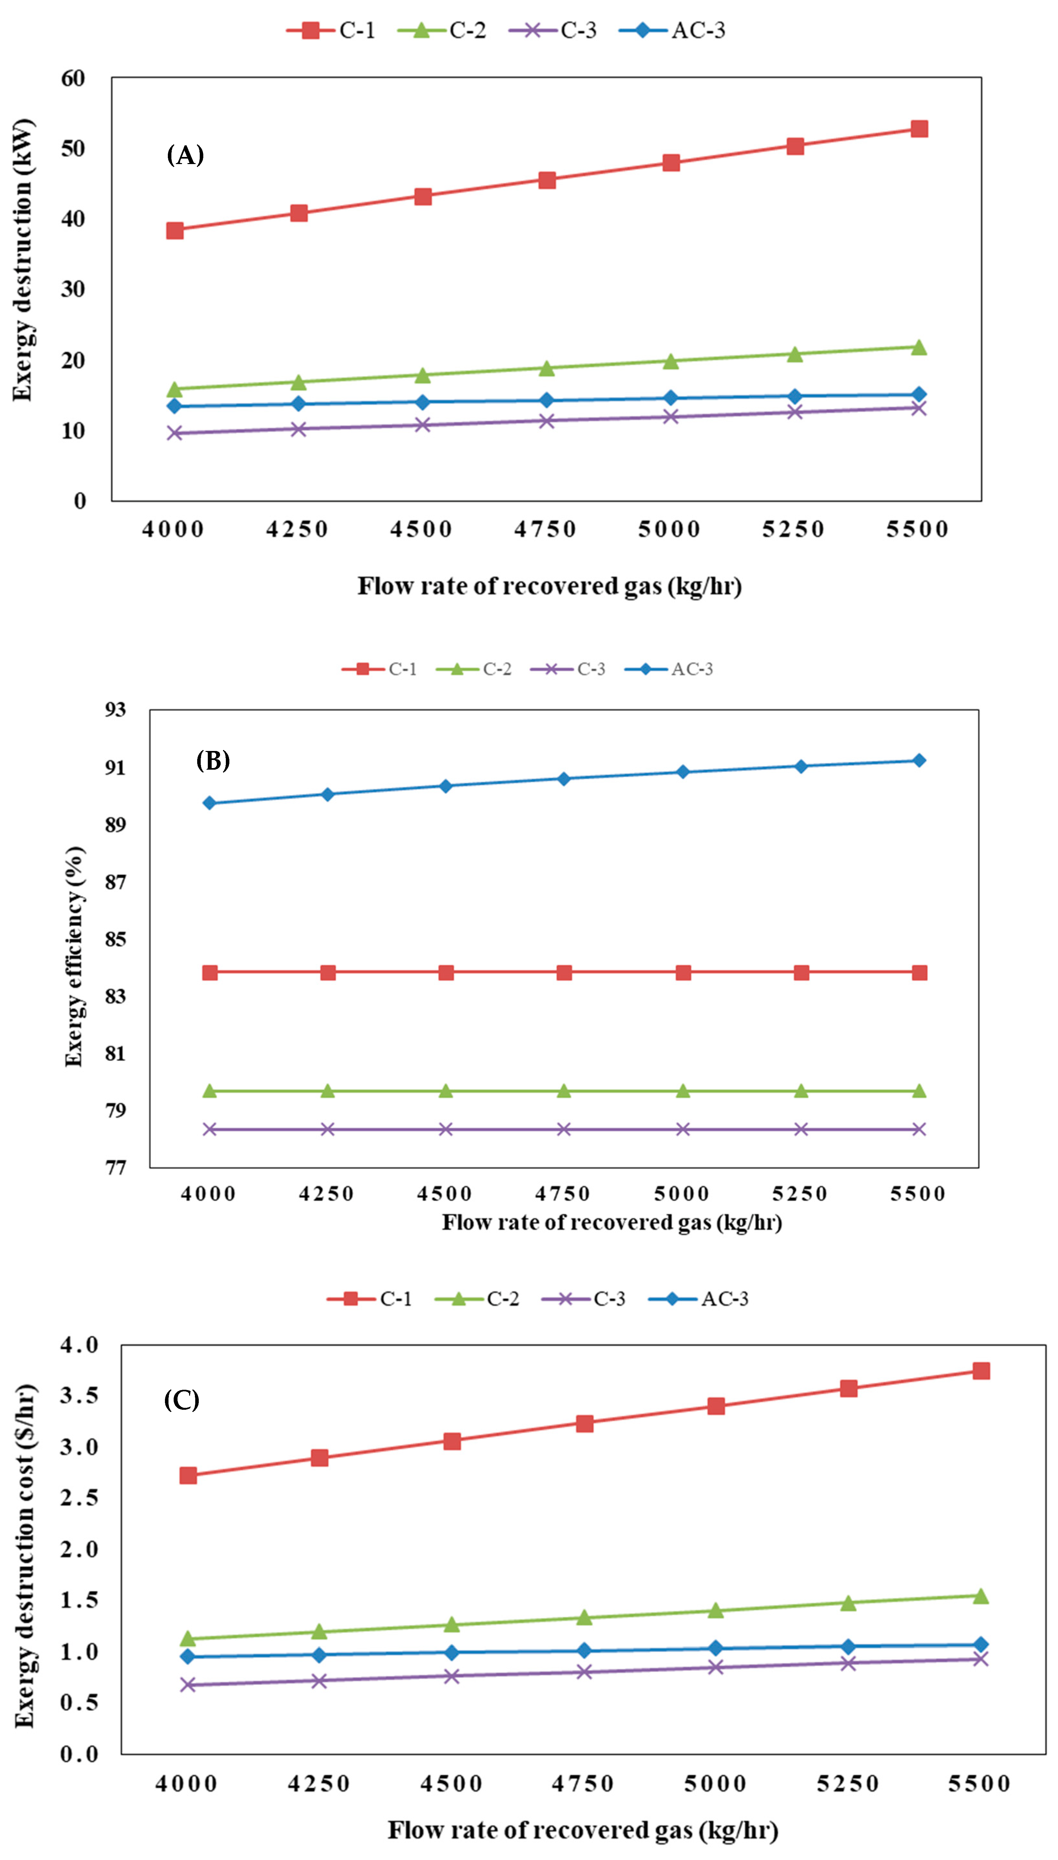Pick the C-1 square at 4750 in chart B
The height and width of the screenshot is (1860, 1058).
pos(564,972)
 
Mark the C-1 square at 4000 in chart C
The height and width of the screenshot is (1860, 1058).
pos(188,1475)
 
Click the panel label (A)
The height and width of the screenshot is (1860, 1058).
pos(185,155)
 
